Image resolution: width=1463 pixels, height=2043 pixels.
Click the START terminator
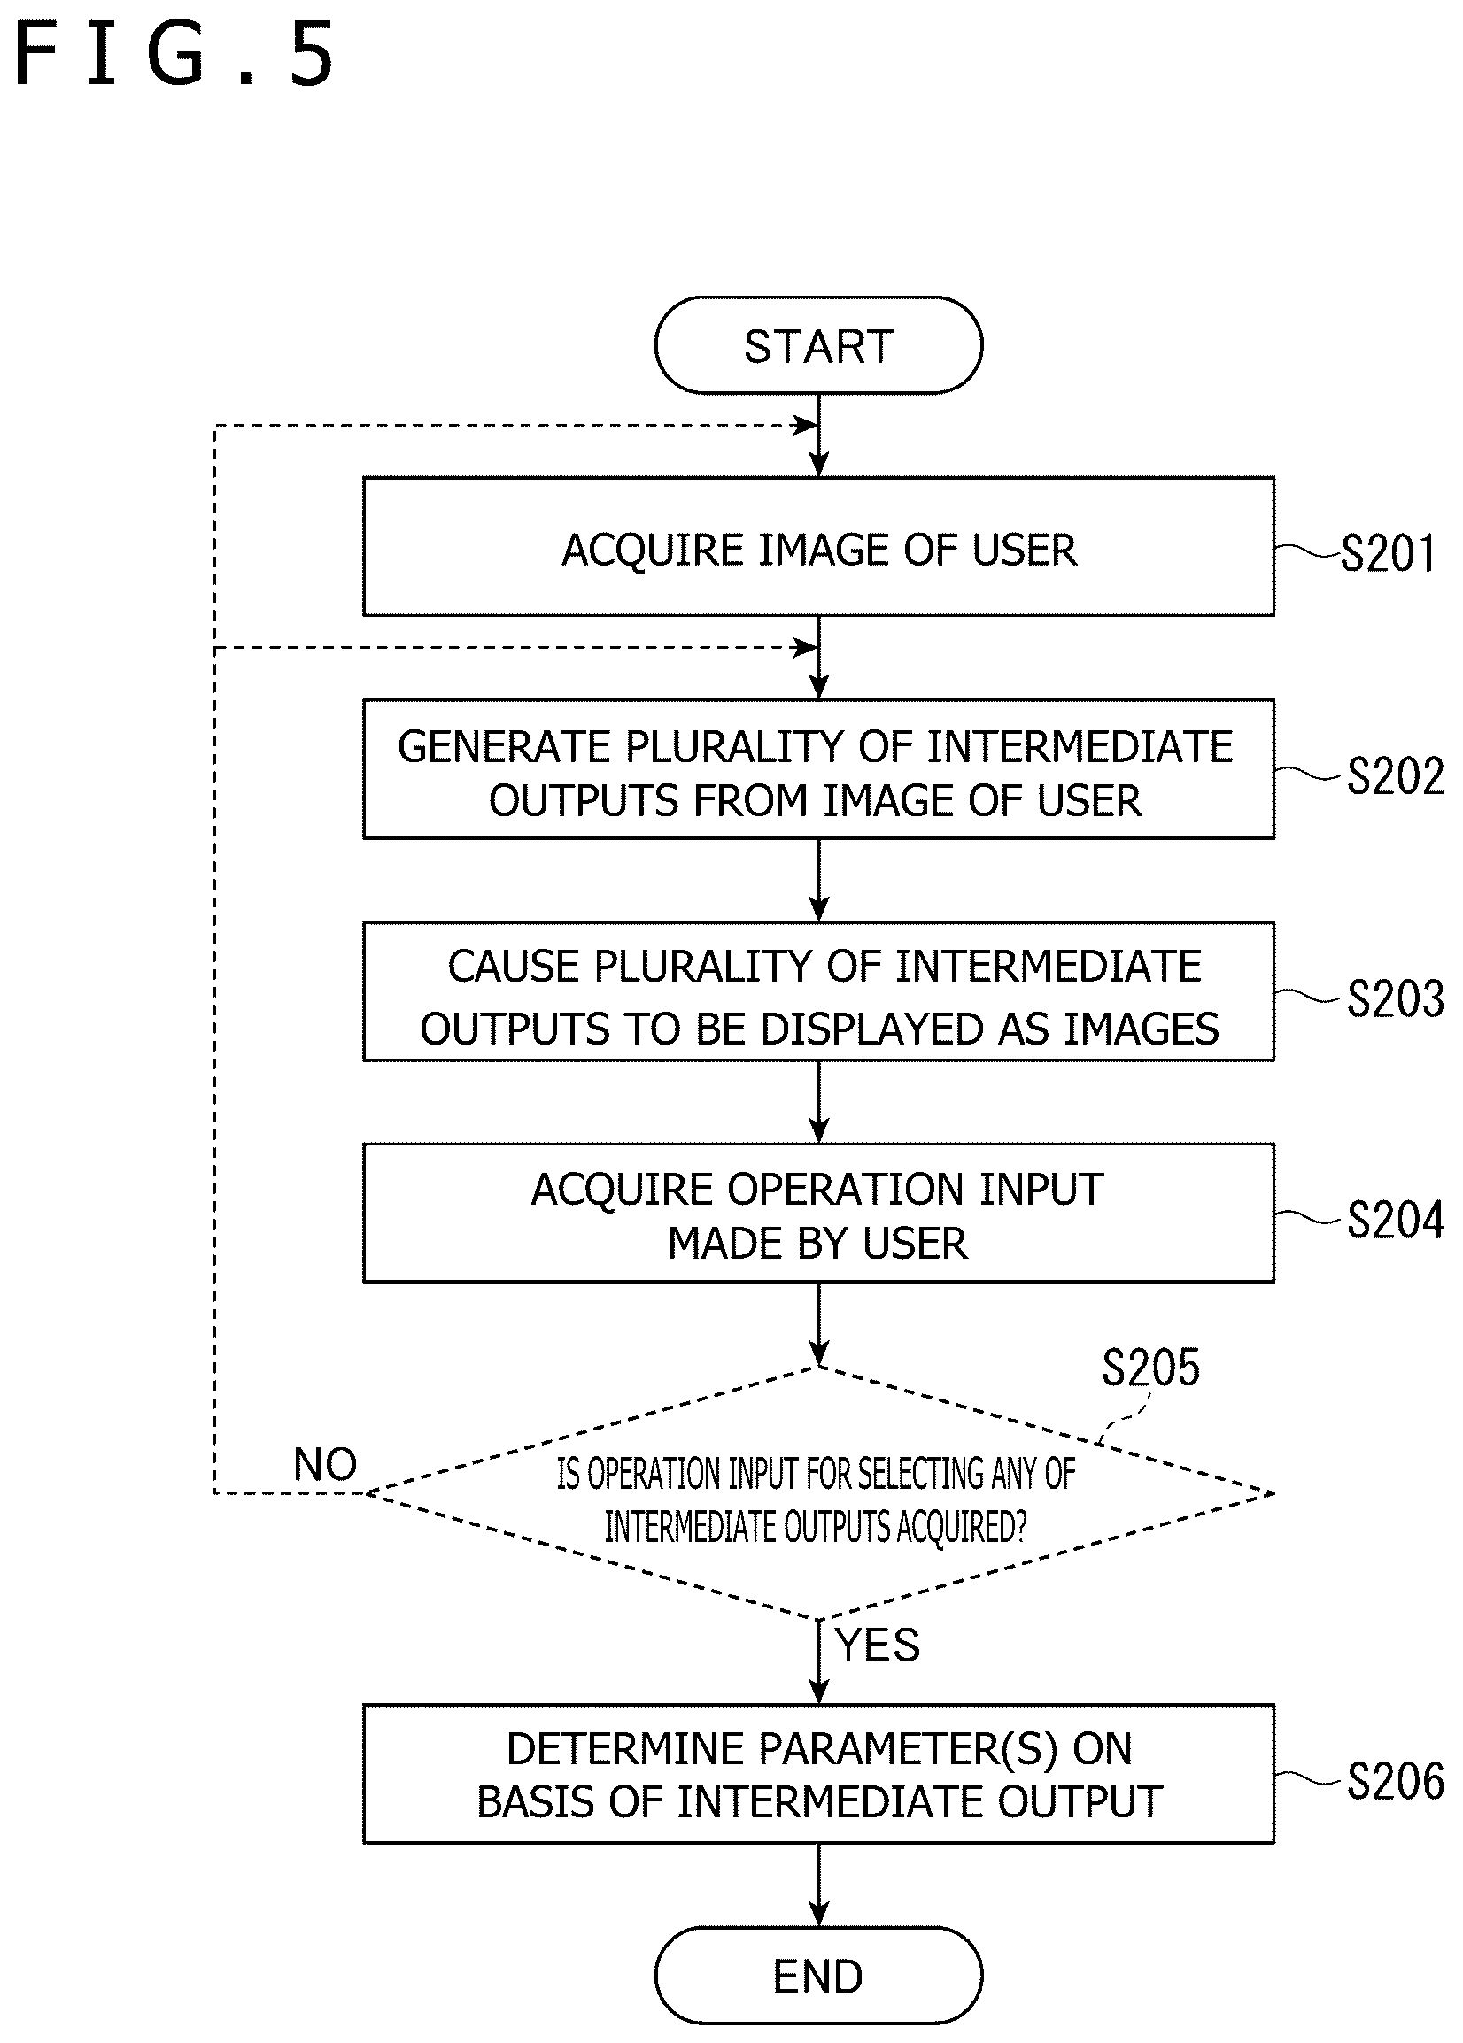click(x=818, y=345)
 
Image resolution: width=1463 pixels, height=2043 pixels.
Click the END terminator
click(x=818, y=1976)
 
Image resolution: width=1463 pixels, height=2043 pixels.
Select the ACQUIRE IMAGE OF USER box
click(x=818, y=546)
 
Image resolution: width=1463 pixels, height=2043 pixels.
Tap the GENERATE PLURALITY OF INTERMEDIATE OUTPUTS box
click(x=818, y=770)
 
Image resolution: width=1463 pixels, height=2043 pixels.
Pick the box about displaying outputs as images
click(x=818, y=991)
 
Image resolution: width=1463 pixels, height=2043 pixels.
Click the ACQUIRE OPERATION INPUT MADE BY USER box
click(x=818, y=1213)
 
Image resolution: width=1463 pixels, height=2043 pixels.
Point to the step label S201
click(x=1389, y=553)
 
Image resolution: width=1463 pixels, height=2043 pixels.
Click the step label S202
click(x=1396, y=775)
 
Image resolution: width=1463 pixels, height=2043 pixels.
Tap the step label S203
click(x=1396, y=998)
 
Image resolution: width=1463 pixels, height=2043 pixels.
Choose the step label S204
click(x=1396, y=1220)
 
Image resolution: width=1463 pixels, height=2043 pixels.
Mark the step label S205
click(x=1151, y=1367)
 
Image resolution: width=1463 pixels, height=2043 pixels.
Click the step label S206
click(x=1396, y=1781)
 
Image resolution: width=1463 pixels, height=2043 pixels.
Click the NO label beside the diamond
click(x=325, y=1465)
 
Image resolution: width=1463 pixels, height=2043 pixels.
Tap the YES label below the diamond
click(x=879, y=1645)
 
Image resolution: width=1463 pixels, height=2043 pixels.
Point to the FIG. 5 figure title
click(x=175, y=56)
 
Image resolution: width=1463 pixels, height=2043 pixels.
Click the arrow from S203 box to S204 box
click(x=818, y=1102)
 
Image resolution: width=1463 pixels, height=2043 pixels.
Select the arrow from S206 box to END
click(x=818, y=1885)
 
